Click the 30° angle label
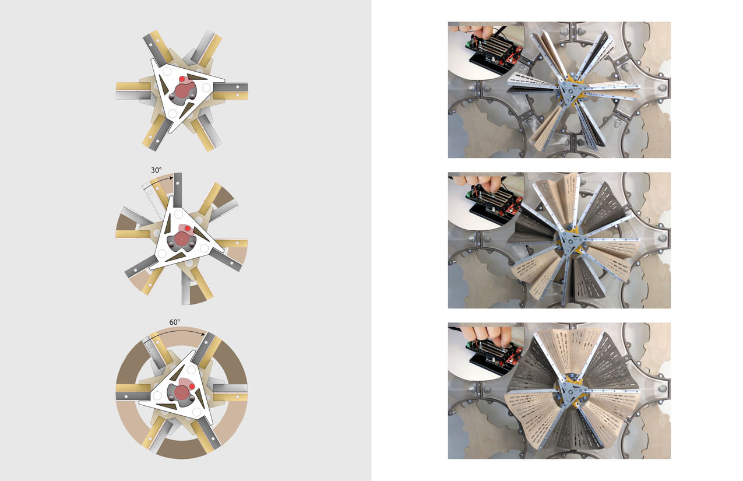pos(156,171)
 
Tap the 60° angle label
pos(175,322)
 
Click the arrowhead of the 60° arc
pos(206,335)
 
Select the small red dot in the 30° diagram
pos(188,229)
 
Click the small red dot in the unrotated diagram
pos(182,79)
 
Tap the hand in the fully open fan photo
pos(496,334)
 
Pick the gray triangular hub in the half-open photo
pos(568,240)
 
